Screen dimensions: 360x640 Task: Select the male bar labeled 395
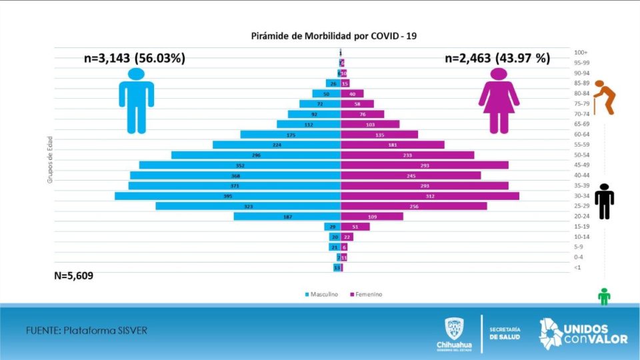[x=227, y=196]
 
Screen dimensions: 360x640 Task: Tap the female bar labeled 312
[x=429, y=196]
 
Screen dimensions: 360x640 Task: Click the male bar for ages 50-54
[x=256, y=155]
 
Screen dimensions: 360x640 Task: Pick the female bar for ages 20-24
[x=372, y=217]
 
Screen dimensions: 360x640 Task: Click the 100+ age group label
[x=580, y=52]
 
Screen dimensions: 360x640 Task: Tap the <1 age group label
[x=577, y=268]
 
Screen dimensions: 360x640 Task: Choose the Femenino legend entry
[x=366, y=294]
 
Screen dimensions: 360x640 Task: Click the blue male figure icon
[x=137, y=101]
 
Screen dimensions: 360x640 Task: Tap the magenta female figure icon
[x=499, y=101]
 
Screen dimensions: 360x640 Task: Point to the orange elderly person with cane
[x=605, y=97]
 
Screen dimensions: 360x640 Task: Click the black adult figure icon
[x=604, y=201]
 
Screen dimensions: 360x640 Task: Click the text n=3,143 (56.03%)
[x=134, y=58]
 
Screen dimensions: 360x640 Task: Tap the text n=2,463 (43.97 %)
[x=497, y=58]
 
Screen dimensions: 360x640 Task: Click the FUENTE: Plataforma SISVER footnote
[x=86, y=331]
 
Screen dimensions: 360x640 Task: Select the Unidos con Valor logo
[x=583, y=333]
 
